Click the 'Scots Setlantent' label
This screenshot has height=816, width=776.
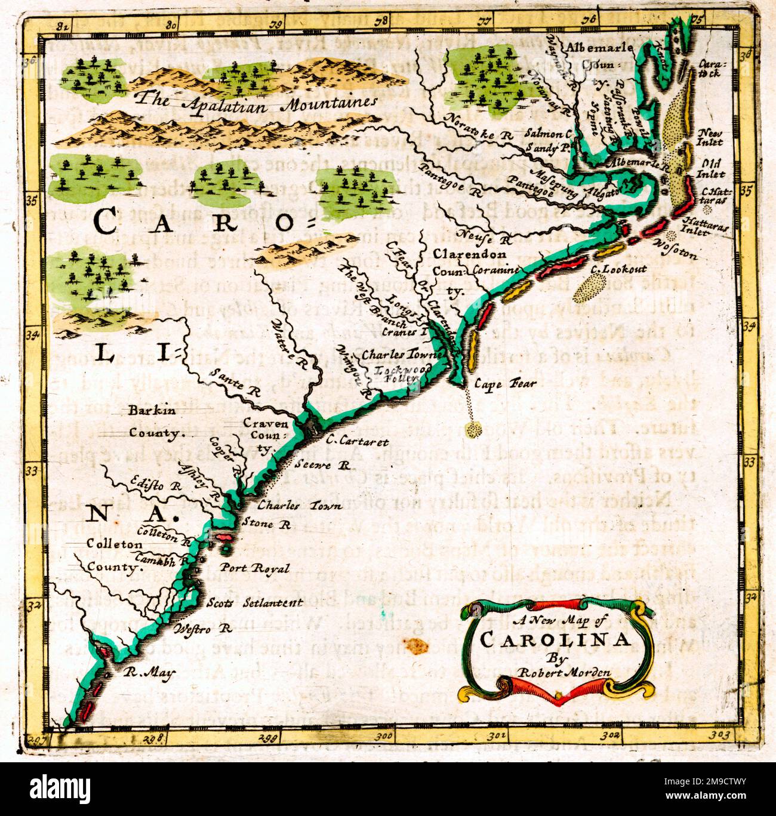(x=254, y=602)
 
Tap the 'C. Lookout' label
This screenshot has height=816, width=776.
(x=618, y=270)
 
